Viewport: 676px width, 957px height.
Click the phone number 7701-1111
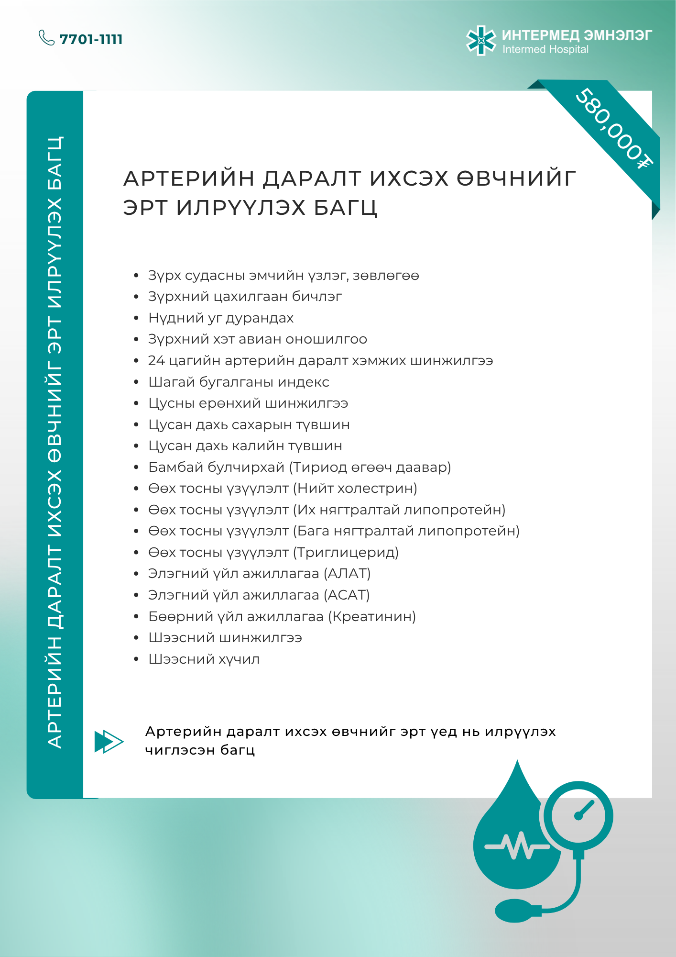(x=91, y=39)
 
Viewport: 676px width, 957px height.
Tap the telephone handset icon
(x=46, y=38)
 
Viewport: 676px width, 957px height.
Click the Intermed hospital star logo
(x=481, y=41)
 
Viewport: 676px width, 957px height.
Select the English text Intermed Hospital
(x=545, y=50)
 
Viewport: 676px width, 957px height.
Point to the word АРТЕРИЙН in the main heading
(x=189, y=178)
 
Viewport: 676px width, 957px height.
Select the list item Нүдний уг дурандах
(x=221, y=318)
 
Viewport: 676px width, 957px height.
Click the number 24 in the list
(x=156, y=361)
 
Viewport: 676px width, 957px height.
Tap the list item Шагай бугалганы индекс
(x=239, y=382)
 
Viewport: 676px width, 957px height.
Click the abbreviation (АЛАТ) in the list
(x=347, y=574)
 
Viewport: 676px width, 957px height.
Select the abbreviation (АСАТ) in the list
(x=347, y=595)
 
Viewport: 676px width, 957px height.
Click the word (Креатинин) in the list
(x=372, y=616)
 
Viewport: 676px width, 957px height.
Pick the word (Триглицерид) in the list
(x=346, y=553)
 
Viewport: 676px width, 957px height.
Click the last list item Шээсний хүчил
(x=204, y=659)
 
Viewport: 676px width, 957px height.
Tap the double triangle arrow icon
(x=109, y=742)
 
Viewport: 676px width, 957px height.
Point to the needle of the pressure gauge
(x=584, y=810)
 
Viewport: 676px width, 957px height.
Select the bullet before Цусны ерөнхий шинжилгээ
(x=136, y=403)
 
